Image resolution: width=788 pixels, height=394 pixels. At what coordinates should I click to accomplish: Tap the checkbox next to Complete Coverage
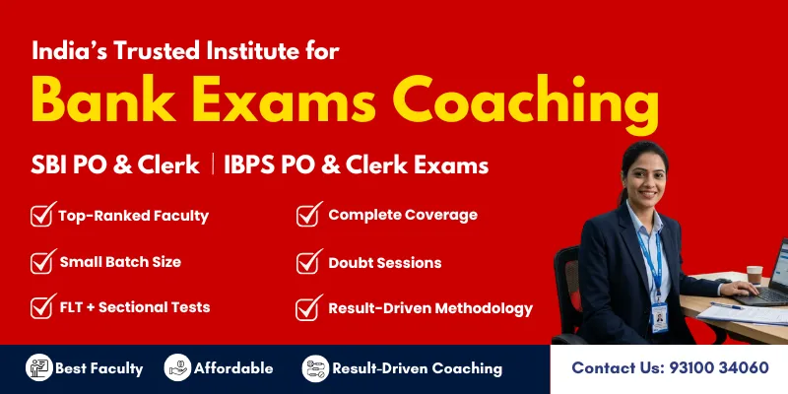click(309, 215)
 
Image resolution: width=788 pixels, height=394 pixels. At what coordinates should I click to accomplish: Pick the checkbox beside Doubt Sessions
click(309, 262)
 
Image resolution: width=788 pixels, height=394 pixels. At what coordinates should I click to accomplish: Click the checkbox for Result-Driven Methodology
click(309, 308)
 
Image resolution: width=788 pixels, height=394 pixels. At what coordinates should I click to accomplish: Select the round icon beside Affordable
click(177, 368)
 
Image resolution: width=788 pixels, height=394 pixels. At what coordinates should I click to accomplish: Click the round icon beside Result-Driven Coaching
click(315, 368)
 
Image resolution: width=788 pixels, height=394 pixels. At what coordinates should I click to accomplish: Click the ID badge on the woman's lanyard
click(657, 317)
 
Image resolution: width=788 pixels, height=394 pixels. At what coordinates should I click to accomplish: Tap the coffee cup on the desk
click(755, 274)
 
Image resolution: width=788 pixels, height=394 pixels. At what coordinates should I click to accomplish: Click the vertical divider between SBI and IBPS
click(214, 165)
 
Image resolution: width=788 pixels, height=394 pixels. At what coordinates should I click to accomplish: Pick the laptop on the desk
click(772, 270)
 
